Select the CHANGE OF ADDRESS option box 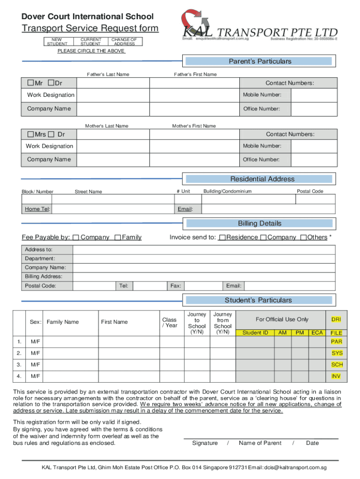click(x=125, y=42)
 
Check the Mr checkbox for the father click(x=30, y=83)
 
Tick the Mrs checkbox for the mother click(x=30, y=134)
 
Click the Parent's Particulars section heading click(x=259, y=62)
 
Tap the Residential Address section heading click(x=262, y=179)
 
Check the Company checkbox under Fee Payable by click(x=76, y=238)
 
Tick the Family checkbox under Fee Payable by click(x=117, y=238)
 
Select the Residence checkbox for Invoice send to click(x=223, y=238)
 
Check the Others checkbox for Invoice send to click(x=303, y=238)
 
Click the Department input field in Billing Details click(x=204, y=259)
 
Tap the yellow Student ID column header click(x=255, y=333)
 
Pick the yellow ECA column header click(x=317, y=333)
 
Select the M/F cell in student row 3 click(x=35, y=364)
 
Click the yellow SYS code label click(x=337, y=353)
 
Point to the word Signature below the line click(x=205, y=443)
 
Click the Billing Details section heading click(x=259, y=224)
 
